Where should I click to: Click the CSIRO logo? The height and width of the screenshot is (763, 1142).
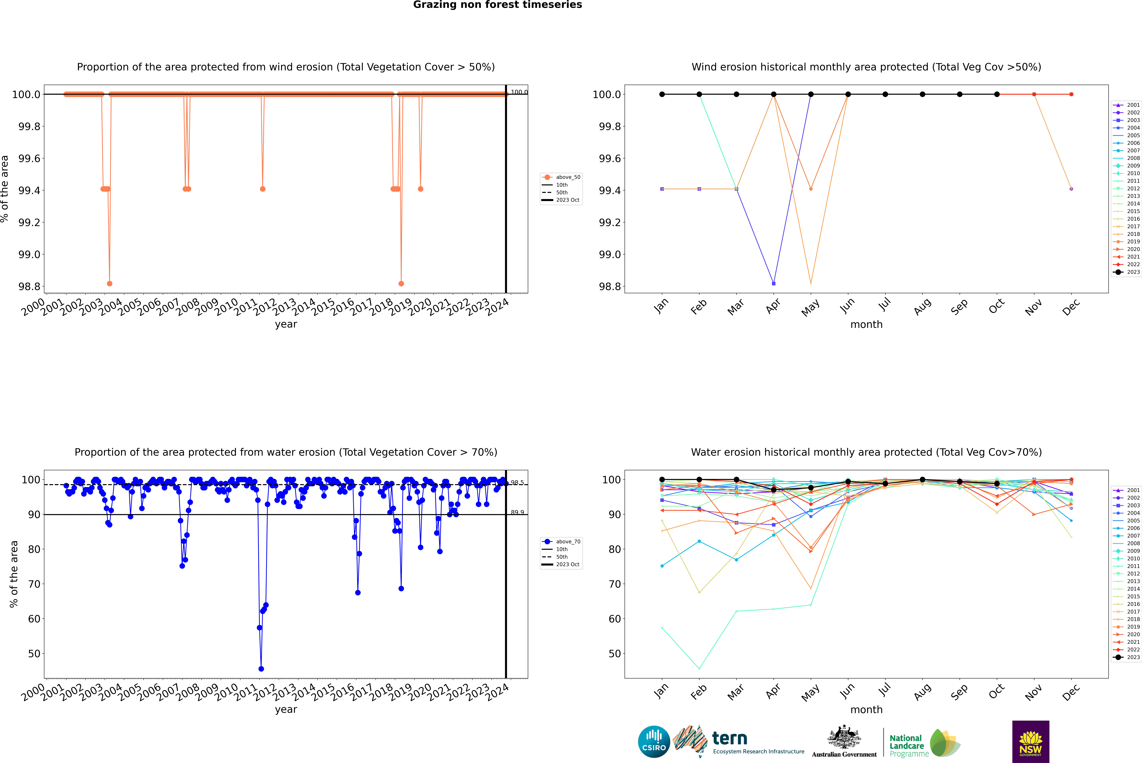pos(654,742)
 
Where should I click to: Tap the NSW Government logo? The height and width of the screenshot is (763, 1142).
pos(1030,742)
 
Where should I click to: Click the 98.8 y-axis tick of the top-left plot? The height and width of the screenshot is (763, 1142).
pos(29,287)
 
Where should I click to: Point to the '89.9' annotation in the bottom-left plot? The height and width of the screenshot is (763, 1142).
pos(517,512)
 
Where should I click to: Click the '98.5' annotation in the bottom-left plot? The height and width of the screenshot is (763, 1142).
pos(517,483)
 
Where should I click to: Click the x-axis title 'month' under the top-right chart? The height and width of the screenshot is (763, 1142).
pos(866,325)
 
